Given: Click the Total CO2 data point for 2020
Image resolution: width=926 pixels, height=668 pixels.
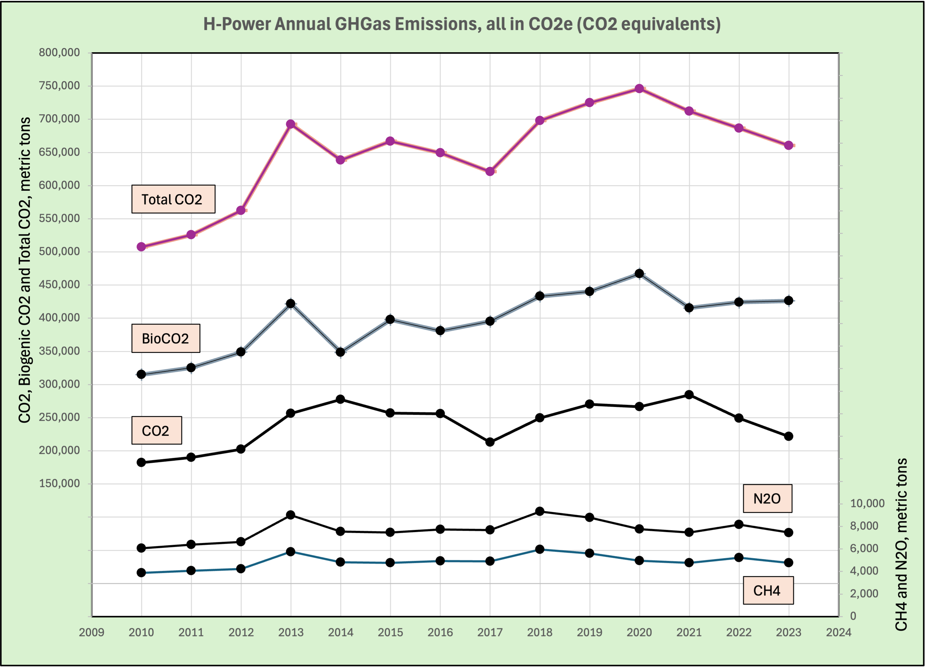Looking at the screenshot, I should (x=639, y=89).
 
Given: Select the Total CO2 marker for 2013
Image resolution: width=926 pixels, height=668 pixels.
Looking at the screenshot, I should (x=291, y=124).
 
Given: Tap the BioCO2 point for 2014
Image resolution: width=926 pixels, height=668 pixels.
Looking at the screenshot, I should (x=340, y=352).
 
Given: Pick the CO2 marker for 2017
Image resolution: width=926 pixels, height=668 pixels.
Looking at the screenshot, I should (x=490, y=442).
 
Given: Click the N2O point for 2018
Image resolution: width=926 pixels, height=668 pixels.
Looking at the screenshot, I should (x=540, y=511).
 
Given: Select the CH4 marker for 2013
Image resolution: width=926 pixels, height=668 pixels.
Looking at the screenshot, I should (x=291, y=552).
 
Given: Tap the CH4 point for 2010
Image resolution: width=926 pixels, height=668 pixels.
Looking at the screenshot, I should (x=141, y=573).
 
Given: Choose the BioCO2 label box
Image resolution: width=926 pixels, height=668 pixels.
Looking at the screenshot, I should (x=165, y=338).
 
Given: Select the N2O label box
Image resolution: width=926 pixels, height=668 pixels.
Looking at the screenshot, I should (x=767, y=499).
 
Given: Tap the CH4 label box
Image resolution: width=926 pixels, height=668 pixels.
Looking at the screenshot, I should (x=768, y=590).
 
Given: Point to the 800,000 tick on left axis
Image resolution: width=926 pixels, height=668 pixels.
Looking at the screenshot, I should (x=59, y=53).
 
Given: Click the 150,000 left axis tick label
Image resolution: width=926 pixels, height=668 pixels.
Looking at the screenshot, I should (x=59, y=483).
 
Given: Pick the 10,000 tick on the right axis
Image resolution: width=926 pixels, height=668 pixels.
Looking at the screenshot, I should (x=867, y=503).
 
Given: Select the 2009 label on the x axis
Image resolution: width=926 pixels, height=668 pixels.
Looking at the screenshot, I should (x=91, y=632).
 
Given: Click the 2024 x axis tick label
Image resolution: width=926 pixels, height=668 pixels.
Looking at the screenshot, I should (x=839, y=632).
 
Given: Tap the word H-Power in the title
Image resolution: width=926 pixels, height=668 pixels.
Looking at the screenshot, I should (x=237, y=24).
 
